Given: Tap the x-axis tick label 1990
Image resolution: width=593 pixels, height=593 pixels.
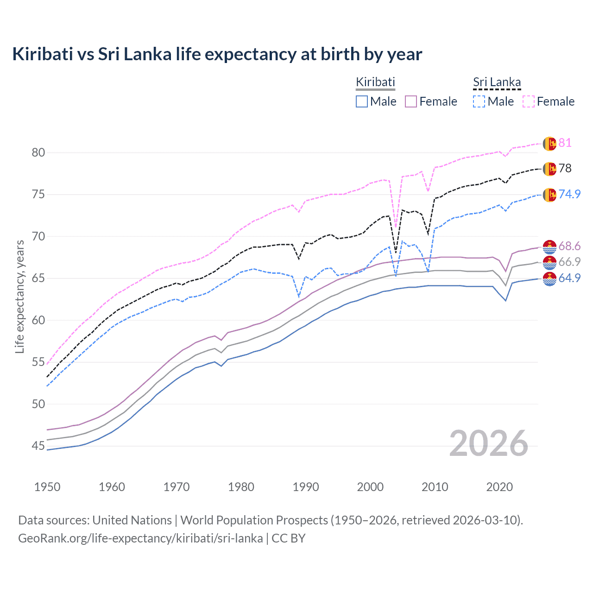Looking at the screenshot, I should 306,487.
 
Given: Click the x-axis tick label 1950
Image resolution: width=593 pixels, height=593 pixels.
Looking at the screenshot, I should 47,487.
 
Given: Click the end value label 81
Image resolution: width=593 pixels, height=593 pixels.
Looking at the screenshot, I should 565,143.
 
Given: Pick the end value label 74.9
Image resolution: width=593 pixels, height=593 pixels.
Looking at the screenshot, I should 569,194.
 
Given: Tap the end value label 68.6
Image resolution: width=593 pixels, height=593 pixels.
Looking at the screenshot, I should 569,246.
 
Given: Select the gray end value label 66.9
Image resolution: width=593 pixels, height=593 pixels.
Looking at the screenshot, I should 569,262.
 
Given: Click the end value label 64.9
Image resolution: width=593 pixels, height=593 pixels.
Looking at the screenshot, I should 569,278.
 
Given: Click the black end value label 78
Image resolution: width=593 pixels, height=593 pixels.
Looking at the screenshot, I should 565,168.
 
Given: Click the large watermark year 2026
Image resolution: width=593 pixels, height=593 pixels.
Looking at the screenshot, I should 489,443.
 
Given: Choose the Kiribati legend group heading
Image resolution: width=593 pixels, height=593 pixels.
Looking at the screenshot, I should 375,82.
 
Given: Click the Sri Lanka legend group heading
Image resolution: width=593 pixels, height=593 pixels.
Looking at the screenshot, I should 497,82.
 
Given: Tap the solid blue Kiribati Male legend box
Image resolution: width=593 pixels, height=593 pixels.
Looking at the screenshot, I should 362,101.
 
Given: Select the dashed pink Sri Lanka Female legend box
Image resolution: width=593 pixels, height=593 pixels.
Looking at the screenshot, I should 529,101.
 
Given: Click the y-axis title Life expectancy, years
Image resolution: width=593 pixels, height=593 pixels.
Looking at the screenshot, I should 19,296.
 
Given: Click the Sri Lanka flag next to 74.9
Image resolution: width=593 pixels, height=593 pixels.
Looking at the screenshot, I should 549,195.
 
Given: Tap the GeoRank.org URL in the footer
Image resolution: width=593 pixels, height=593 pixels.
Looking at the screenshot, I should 140,538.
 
